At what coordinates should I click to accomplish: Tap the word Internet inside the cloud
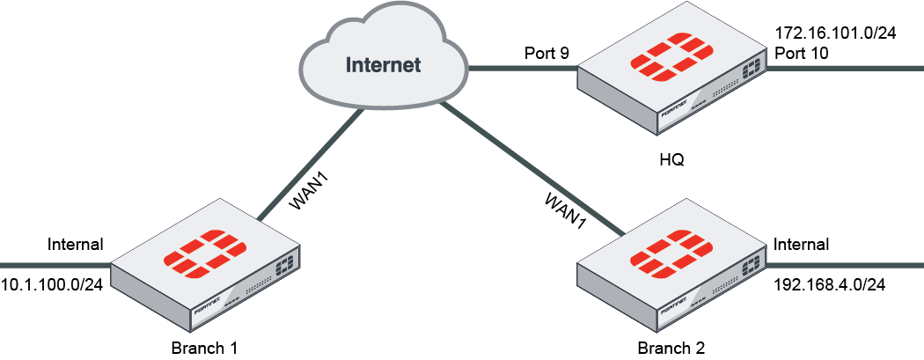tap(383, 64)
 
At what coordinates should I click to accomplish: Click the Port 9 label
tap(546, 54)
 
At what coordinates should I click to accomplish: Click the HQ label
tap(671, 161)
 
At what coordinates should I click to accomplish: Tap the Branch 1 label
tap(204, 347)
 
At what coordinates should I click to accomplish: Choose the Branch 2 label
tap(671, 347)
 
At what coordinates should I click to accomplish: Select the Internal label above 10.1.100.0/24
tap(76, 244)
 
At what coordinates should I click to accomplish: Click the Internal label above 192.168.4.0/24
tap(801, 244)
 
